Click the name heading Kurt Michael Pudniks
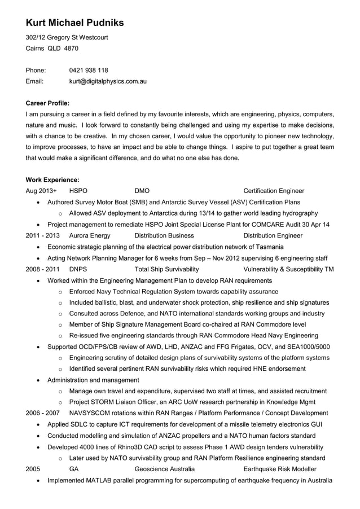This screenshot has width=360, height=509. click(74, 23)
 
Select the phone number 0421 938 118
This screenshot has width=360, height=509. click(89, 71)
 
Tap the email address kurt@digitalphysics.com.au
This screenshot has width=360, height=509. click(108, 81)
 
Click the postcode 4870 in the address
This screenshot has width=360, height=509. click(71, 49)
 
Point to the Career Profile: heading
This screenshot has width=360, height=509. click(48, 103)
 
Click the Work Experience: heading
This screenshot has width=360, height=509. click(52, 180)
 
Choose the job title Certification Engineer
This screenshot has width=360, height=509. click(273, 191)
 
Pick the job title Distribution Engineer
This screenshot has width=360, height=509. click(273, 235)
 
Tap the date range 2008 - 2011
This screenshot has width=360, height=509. click(43, 269)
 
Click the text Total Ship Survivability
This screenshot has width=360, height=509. click(167, 269)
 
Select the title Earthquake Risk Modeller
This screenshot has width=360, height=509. click(279, 469)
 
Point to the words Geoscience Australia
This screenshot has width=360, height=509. click(165, 469)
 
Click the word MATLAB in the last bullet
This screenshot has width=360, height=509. click(104, 480)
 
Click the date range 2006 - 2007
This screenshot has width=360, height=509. click(43, 414)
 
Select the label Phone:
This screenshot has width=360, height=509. click(36, 71)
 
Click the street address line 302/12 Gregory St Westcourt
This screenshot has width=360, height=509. click(67, 38)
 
